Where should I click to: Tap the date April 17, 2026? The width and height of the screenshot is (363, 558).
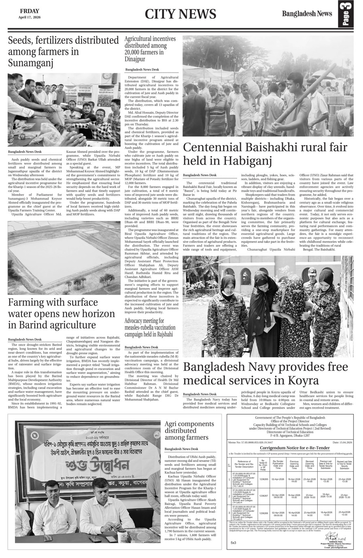click(x=28, y=17)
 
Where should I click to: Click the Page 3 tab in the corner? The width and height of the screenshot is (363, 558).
click(x=348, y=15)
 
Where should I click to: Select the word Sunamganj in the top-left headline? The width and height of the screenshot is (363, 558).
click(x=31, y=63)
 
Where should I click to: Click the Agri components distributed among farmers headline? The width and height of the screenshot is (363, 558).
click(x=186, y=430)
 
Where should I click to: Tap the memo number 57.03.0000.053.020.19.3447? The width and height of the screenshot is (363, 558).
click(x=257, y=443)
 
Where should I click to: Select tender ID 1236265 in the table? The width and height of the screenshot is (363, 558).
click(x=263, y=479)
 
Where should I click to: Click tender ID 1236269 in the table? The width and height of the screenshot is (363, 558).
click(x=263, y=513)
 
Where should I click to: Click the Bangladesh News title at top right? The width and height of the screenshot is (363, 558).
click(x=307, y=14)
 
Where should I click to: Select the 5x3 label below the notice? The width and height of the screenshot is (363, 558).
click(x=234, y=543)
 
